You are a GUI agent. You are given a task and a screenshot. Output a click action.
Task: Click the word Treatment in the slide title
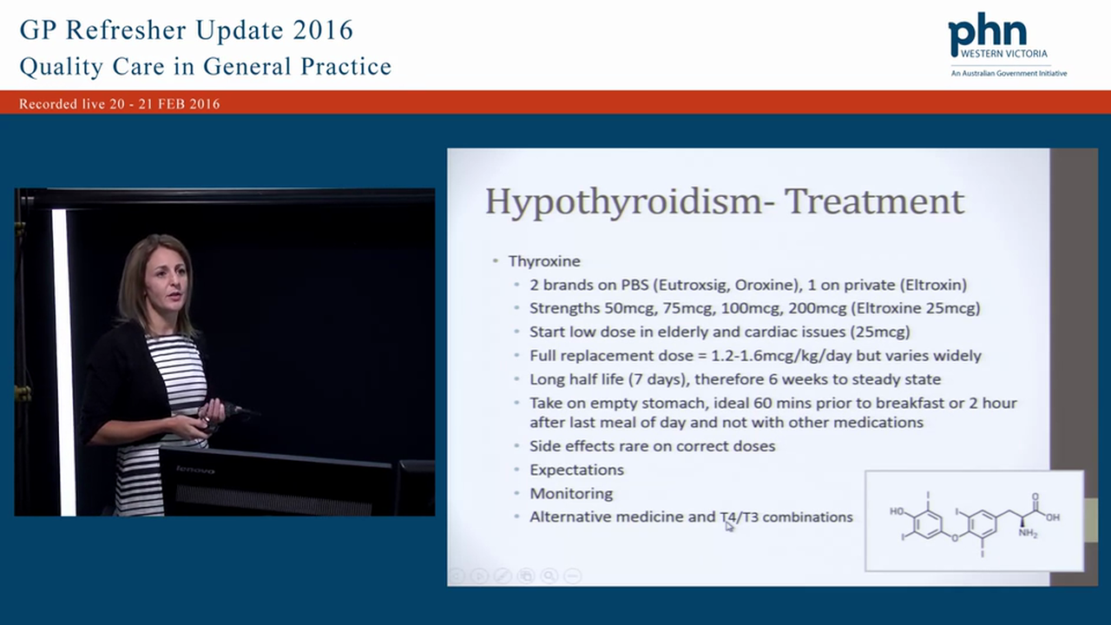click(x=874, y=201)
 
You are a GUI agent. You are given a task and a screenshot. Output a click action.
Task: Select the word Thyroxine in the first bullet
click(x=544, y=261)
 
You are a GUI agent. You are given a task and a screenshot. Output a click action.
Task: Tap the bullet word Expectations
click(x=576, y=470)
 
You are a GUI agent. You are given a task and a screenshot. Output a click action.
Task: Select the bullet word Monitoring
click(x=571, y=493)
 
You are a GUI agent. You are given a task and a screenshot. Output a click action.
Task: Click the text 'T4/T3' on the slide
click(x=739, y=516)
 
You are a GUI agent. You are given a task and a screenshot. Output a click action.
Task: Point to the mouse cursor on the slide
click(x=729, y=524)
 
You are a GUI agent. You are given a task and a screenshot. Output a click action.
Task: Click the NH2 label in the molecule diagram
click(x=1028, y=534)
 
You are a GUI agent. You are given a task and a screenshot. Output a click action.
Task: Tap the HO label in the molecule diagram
click(x=897, y=511)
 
